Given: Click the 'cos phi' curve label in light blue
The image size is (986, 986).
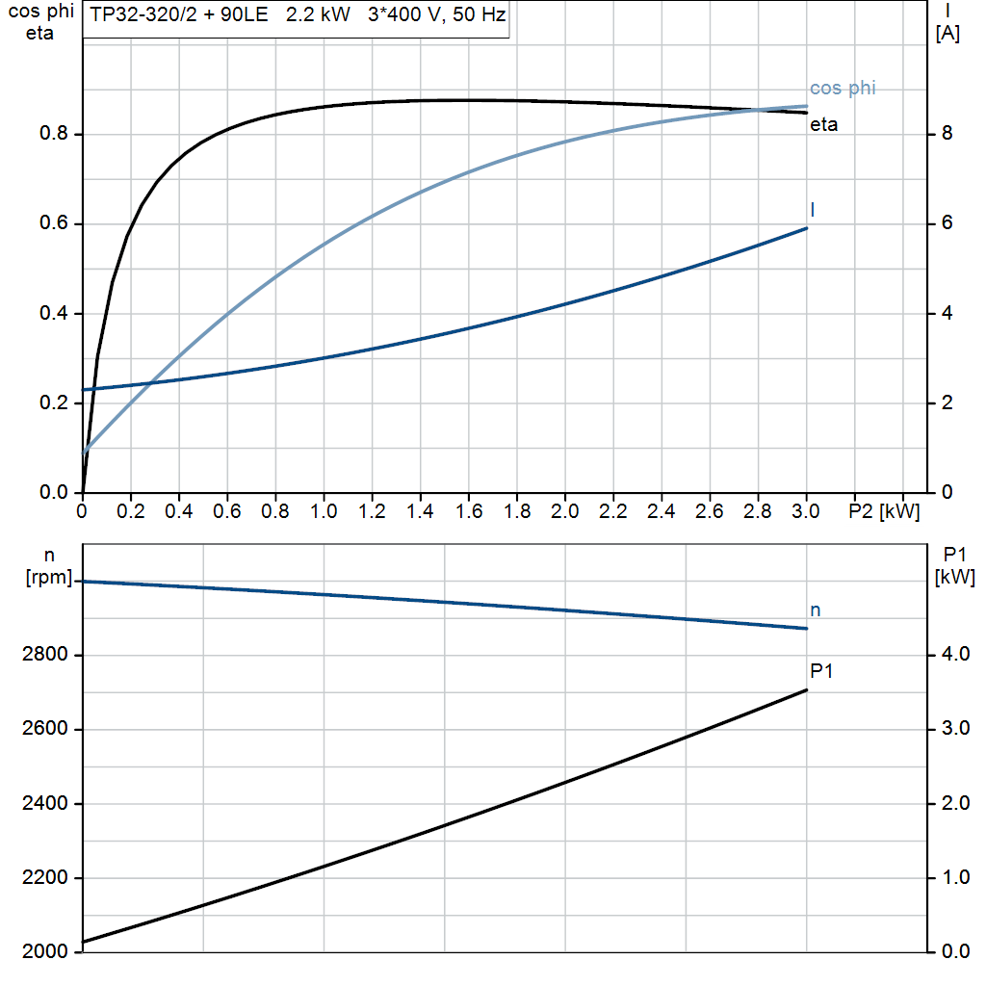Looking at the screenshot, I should pos(843,89).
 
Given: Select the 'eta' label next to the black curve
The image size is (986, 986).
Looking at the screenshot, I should pos(823,124).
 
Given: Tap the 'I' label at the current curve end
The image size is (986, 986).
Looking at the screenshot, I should pos(814,209).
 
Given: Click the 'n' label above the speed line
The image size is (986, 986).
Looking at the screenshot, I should pos(816,610).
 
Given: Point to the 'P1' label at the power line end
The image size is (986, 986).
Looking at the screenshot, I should pos(820,670).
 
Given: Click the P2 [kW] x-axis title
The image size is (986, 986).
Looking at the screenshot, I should pos(884,511).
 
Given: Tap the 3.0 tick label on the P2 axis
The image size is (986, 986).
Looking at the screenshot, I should pos(806,511).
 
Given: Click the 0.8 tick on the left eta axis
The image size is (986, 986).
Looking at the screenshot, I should pos(53,134).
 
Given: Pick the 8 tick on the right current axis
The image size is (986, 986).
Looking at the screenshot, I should pos(947,134).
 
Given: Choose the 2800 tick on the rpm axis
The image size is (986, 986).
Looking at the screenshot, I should pos(43,656).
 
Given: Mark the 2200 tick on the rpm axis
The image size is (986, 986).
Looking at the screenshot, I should pos(43,878).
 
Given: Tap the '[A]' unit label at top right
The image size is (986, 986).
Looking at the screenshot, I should pos(947,35).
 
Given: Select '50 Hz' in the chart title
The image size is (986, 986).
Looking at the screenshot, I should pos(478,16).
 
